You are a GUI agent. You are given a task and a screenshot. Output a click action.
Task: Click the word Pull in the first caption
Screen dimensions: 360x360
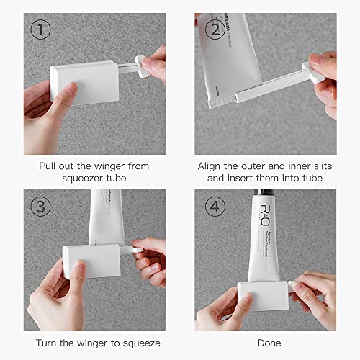click(x=53, y=166)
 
